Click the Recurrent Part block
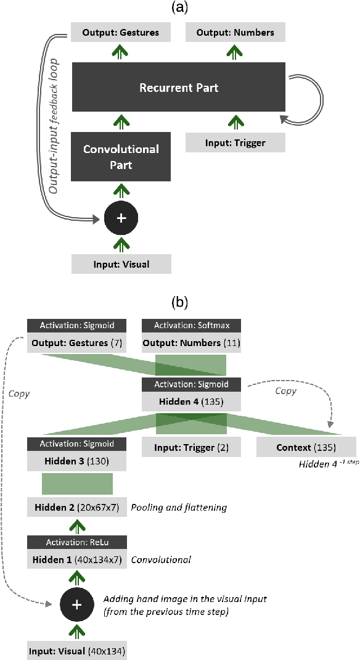point(178,88)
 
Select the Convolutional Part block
point(121,156)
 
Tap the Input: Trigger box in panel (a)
point(235,143)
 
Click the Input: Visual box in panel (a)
point(120,265)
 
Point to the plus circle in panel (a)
point(120,218)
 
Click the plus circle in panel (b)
point(76,605)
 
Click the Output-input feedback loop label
point(55,126)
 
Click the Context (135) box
point(306,446)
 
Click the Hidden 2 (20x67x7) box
point(76,508)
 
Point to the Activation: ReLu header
point(76,542)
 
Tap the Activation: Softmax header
point(191,326)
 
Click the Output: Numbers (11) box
point(191,342)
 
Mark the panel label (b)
point(179,302)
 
